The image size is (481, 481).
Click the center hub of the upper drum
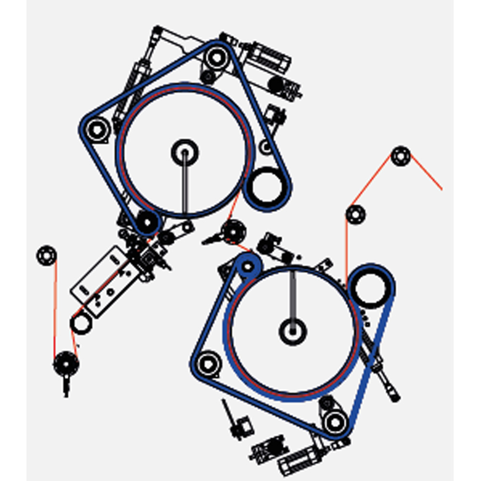coord(185,153)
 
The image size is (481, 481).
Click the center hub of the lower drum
coord(292,331)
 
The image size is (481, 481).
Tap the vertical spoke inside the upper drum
coord(185,185)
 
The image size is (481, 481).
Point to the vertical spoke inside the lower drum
coord(292,296)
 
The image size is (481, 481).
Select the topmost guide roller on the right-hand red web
coord(400,156)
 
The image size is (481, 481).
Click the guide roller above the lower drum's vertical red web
coord(355,215)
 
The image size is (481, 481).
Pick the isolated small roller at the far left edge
coord(47,255)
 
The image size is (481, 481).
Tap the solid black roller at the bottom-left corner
coord(66,364)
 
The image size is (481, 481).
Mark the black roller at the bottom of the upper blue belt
coord(146,222)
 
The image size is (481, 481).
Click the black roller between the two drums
coord(233,231)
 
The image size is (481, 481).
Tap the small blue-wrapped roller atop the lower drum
coord(248,266)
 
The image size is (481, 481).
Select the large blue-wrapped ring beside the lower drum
coord(370,287)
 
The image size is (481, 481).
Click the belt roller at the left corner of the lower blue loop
coord(207,364)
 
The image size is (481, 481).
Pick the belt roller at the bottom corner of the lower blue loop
coord(333,422)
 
